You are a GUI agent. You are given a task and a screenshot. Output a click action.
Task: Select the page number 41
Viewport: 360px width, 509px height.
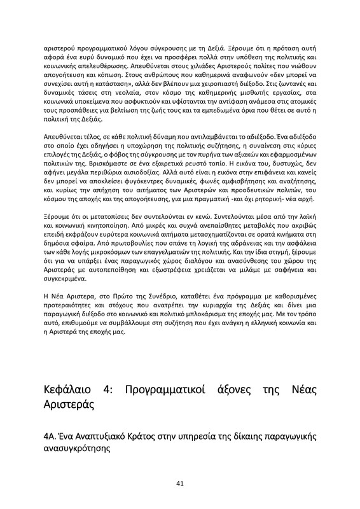(x=180, y=484)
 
